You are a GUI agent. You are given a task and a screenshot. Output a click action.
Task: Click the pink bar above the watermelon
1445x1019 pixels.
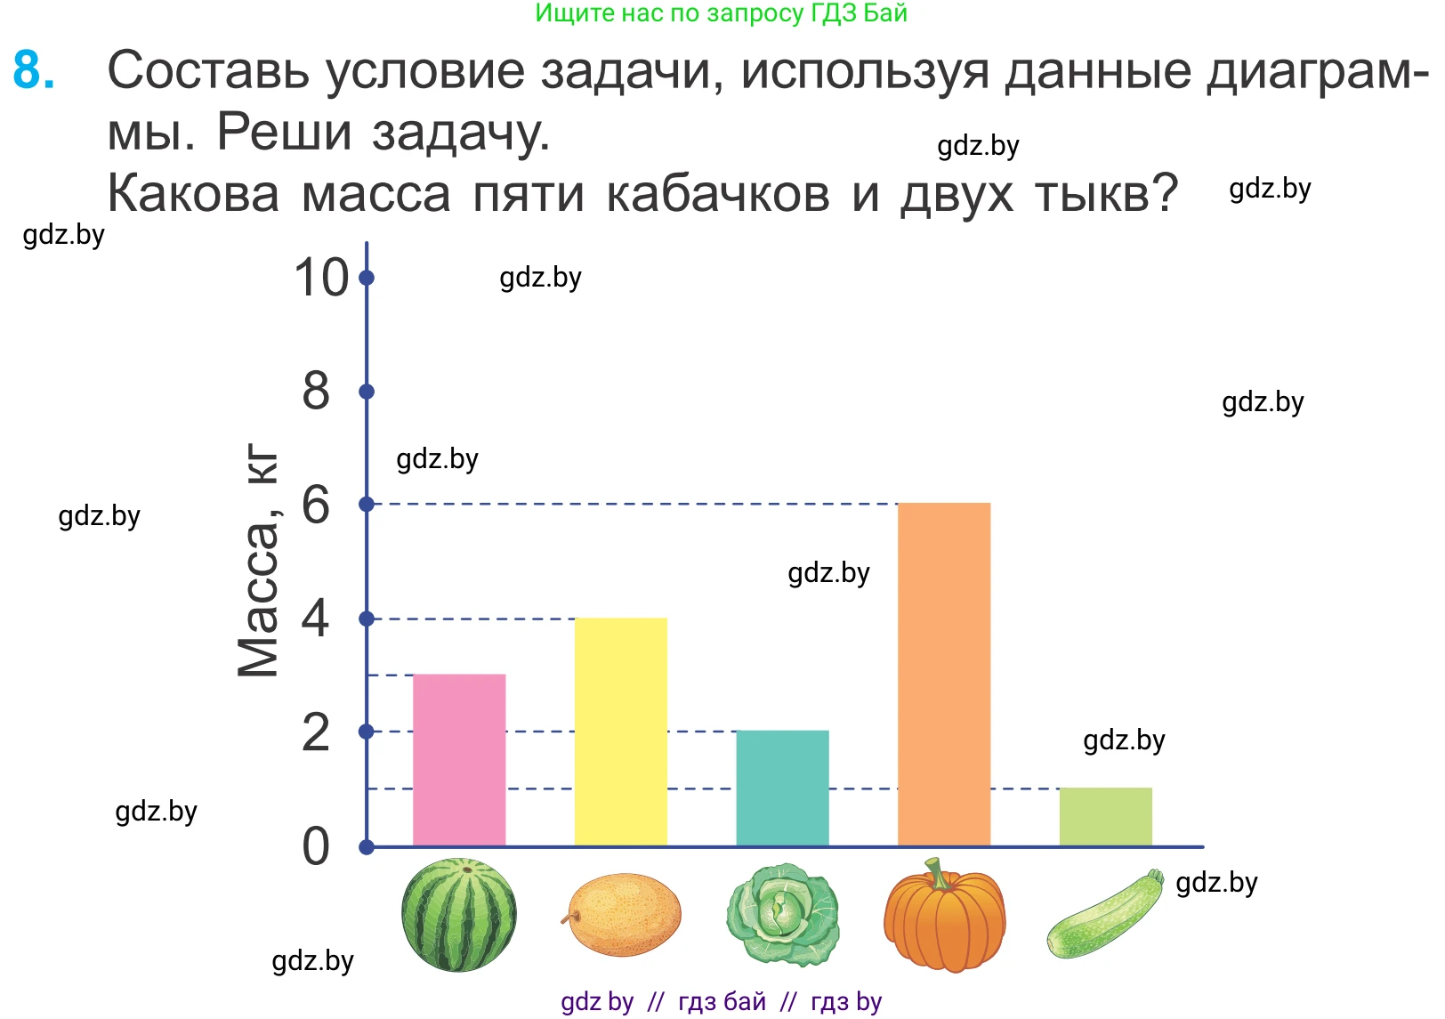[459, 760]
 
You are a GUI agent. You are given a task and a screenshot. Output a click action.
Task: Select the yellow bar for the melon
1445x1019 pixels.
[620, 732]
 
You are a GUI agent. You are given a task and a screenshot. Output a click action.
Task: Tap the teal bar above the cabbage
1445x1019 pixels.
[782, 788]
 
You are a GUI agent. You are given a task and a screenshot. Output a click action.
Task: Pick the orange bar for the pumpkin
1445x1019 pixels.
[943, 675]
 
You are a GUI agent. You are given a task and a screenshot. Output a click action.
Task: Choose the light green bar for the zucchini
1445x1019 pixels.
[1105, 817]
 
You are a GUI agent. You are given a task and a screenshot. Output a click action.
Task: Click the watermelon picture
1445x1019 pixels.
[459, 915]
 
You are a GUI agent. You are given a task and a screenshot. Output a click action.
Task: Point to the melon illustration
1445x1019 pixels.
[622, 915]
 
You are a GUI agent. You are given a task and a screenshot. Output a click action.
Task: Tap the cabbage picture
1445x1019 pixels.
[782, 915]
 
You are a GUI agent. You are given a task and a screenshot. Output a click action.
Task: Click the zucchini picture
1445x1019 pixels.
[1105, 915]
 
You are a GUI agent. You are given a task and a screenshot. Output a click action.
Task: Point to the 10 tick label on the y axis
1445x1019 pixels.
[320, 278]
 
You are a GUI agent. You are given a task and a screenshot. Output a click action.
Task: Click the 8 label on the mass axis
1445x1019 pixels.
[315, 392]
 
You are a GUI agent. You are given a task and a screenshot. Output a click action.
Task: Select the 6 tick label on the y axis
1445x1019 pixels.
[315, 505]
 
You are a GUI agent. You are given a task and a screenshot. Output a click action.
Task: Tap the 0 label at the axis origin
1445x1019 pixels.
[315, 846]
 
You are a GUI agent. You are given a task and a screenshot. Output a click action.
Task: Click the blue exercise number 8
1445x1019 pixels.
[34, 70]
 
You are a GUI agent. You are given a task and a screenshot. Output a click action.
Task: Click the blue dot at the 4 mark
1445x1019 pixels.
[367, 619]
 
